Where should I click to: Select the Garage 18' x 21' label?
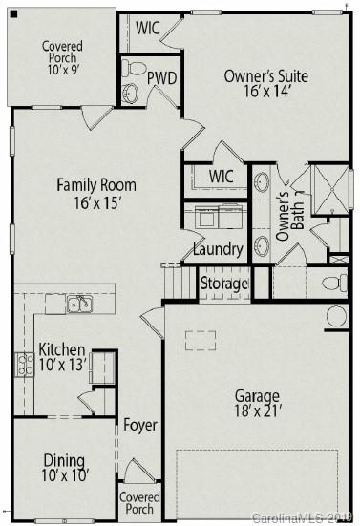[258, 404]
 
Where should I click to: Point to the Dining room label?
[65, 467]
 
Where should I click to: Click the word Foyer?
[140, 425]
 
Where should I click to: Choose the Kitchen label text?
[62, 357]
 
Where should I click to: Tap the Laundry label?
[218, 250]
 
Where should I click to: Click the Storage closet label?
[223, 284]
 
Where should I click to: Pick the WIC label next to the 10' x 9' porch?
[147, 27]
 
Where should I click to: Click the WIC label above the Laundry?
[222, 177]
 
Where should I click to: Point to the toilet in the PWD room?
[135, 69]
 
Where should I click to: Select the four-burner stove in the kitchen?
[24, 364]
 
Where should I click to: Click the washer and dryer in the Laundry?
[220, 217]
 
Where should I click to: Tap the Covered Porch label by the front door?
[138, 503]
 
